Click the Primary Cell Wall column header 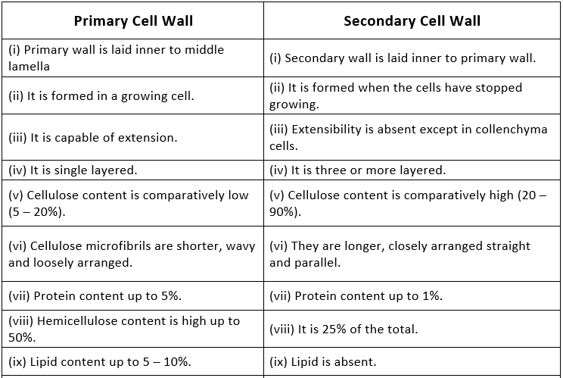(x=132, y=20)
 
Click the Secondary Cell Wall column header (x=412, y=20)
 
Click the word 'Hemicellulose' (x=73, y=321)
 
